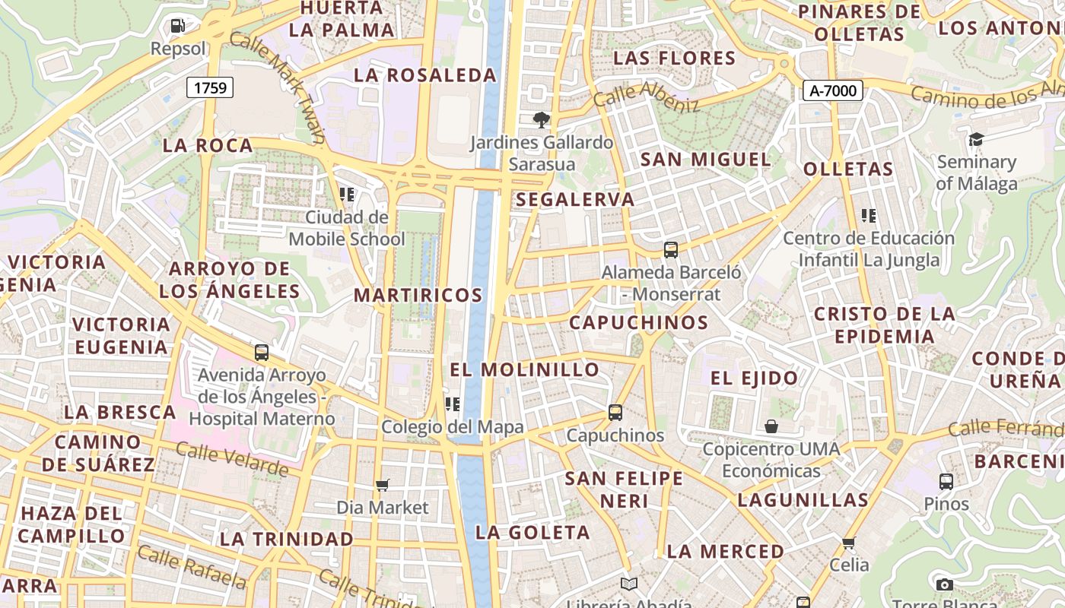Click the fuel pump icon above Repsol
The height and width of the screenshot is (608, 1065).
click(x=177, y=26)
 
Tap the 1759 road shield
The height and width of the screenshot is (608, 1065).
click(x=210, y=87)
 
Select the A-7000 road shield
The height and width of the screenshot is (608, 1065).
click(x=833, y=91)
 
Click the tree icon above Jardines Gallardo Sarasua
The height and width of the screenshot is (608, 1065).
click(x=541, y=119)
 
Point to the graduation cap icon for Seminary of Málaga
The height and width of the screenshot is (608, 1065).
click(x=976, y=139)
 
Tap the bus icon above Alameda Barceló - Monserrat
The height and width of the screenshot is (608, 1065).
click(x=670, y=249)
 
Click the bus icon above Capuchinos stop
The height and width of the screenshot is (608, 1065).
click(x=615, y=413)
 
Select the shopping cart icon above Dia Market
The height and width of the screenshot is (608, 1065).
click(x=383, y=485)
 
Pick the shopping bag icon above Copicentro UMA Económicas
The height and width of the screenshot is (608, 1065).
click(x=771, y=426)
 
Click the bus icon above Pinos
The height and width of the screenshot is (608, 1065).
click(x=946, y=482)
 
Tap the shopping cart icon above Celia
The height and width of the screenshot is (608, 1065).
click(x=849, y=543)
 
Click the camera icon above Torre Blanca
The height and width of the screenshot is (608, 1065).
click(x=944, y=584)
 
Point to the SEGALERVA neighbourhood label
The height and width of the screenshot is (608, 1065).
click(x=575, y=200)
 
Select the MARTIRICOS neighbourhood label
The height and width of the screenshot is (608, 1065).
click(x=418, y=295)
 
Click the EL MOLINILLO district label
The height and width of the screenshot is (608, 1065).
click(x=525, y=370)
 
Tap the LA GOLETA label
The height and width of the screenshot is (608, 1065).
click(x=532, y=533)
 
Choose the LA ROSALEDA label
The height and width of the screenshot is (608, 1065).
click(x=425, y=75)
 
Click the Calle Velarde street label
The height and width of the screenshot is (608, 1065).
click(x=232, y=459)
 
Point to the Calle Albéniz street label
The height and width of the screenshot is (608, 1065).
click(x=646, y=97)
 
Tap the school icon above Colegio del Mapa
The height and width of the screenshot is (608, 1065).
click(x=453, y=404)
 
